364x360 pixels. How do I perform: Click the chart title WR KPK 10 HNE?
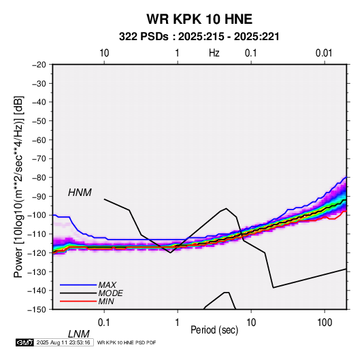tap(199, 19)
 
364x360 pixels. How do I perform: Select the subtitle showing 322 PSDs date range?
tap(199, 37)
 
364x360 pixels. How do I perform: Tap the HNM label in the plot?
tap(80, 193)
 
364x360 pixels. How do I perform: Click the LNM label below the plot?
tap(78, 334)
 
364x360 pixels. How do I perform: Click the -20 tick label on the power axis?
tap(39, 65)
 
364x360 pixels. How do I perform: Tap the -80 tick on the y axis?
tap(39, 178)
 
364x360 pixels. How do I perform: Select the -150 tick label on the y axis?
tap(37, 310)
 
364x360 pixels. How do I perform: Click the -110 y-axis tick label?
tap(37, 234)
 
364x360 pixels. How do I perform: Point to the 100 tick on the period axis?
tap(325, 323)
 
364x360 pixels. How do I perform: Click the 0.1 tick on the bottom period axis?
tap(104, 323)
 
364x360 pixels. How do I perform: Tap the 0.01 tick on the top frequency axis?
tap(324, 53)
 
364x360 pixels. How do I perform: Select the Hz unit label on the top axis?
tap(214, 53)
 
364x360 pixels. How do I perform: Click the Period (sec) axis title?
tap(214, 330)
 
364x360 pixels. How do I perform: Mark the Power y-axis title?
tap(18, 187)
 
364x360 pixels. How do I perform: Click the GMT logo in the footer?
tap(24, 342)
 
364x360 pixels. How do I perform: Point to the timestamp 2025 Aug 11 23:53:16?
tap(63, 342)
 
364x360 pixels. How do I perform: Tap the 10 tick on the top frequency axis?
tap(104, 53)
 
